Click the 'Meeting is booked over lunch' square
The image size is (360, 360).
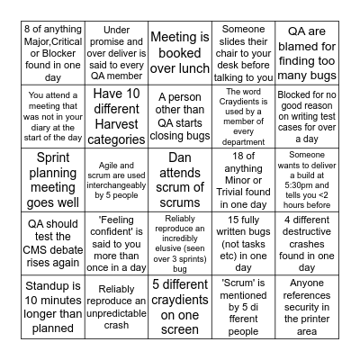pyautogui.click(x=180, y=50)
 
